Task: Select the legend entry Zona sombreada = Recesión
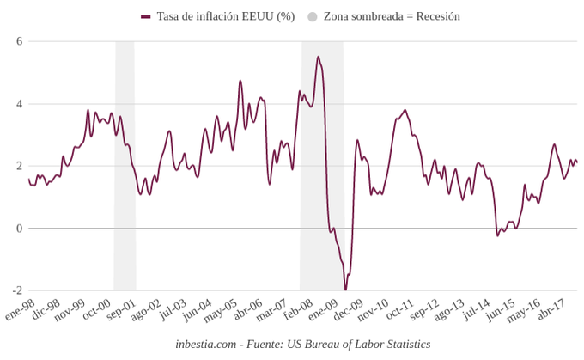(x=392, y=16)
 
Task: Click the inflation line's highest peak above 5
(x=319, y=57)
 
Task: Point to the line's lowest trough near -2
(x=346, y=289)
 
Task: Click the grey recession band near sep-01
(x=125, y=163)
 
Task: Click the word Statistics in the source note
(x=404, y=345)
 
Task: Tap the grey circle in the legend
(x=313, y=16)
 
